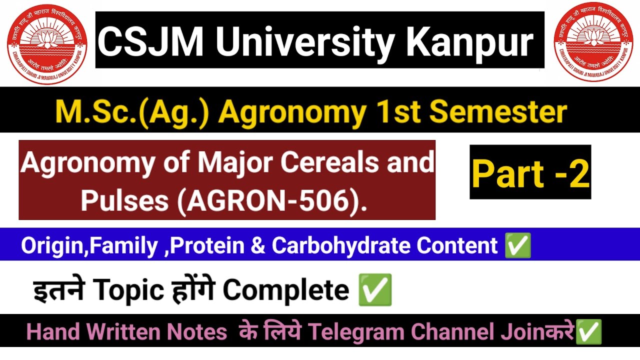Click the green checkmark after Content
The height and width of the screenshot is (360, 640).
[518, 246]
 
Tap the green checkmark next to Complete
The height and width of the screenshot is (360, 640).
[375, 290]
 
